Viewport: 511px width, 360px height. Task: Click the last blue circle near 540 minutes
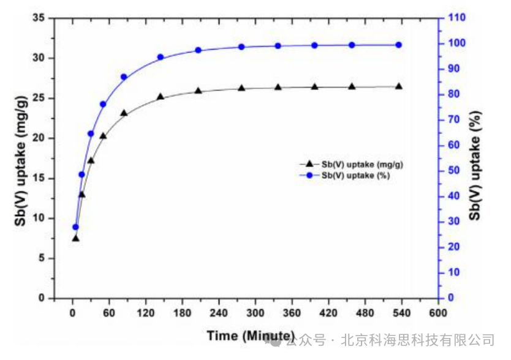click(399, 45)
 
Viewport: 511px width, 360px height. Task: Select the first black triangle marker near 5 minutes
click(75, 238)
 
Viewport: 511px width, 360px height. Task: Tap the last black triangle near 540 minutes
click(399, 86)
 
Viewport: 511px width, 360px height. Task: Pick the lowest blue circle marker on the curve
click(76, 227)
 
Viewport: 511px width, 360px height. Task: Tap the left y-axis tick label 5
click(42, 258)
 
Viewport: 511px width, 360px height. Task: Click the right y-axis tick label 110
click(456, 18)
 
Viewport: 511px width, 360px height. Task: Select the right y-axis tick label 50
click(453, 171)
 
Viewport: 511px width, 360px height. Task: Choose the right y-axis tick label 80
click(453, 94)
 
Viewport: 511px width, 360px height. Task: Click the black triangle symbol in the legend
click(309, 163)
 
